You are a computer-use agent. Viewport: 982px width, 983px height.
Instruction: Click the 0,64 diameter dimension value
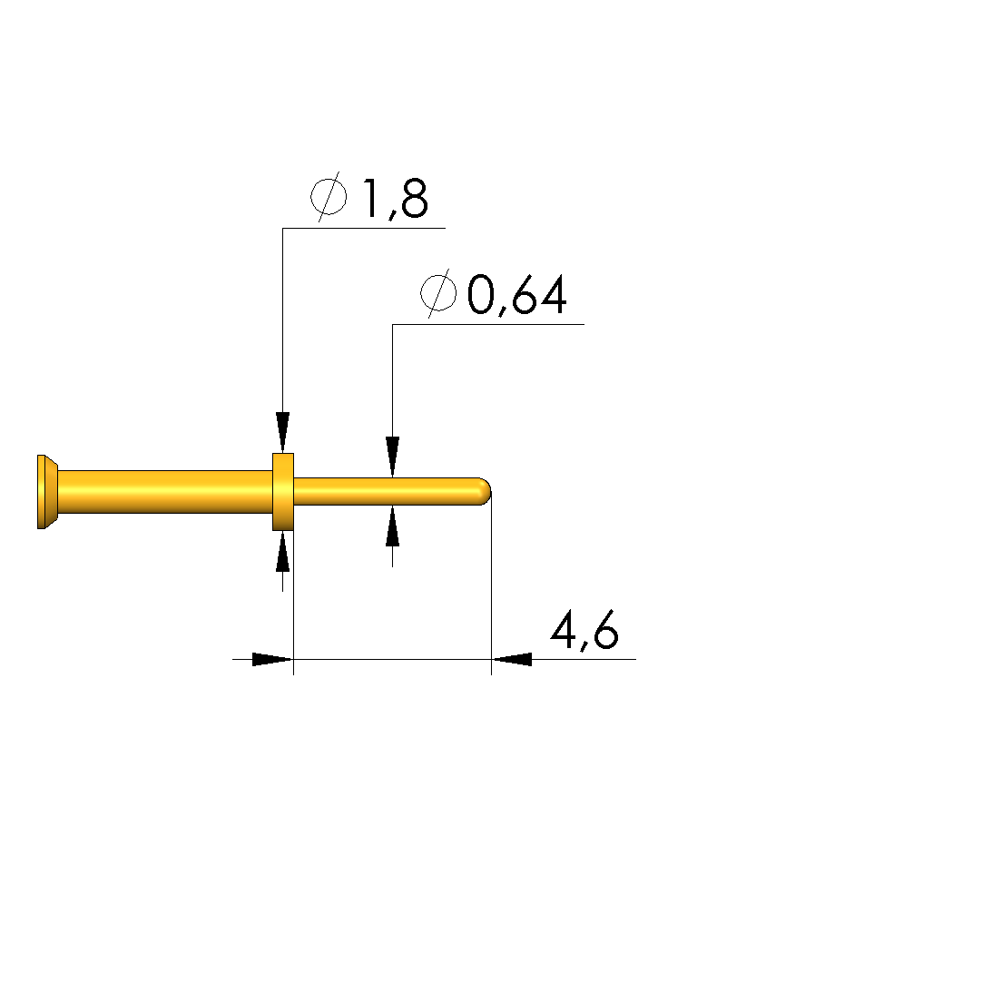pyautogui.click(x=517, y=295)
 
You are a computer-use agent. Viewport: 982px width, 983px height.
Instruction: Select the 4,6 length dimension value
pyautogui.click(x=584, y=631)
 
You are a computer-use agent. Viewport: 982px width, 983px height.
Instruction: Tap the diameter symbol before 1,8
pyautogui.click(x=329, y=196)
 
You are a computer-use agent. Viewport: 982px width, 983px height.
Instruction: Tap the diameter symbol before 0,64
pyautogui.click(x=438, y=293)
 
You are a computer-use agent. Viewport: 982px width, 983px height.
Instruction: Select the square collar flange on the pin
pyautogui.click(x=282, y=492)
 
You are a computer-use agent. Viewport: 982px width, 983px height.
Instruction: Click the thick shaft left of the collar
pyautogui.click(x=165, y=492)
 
